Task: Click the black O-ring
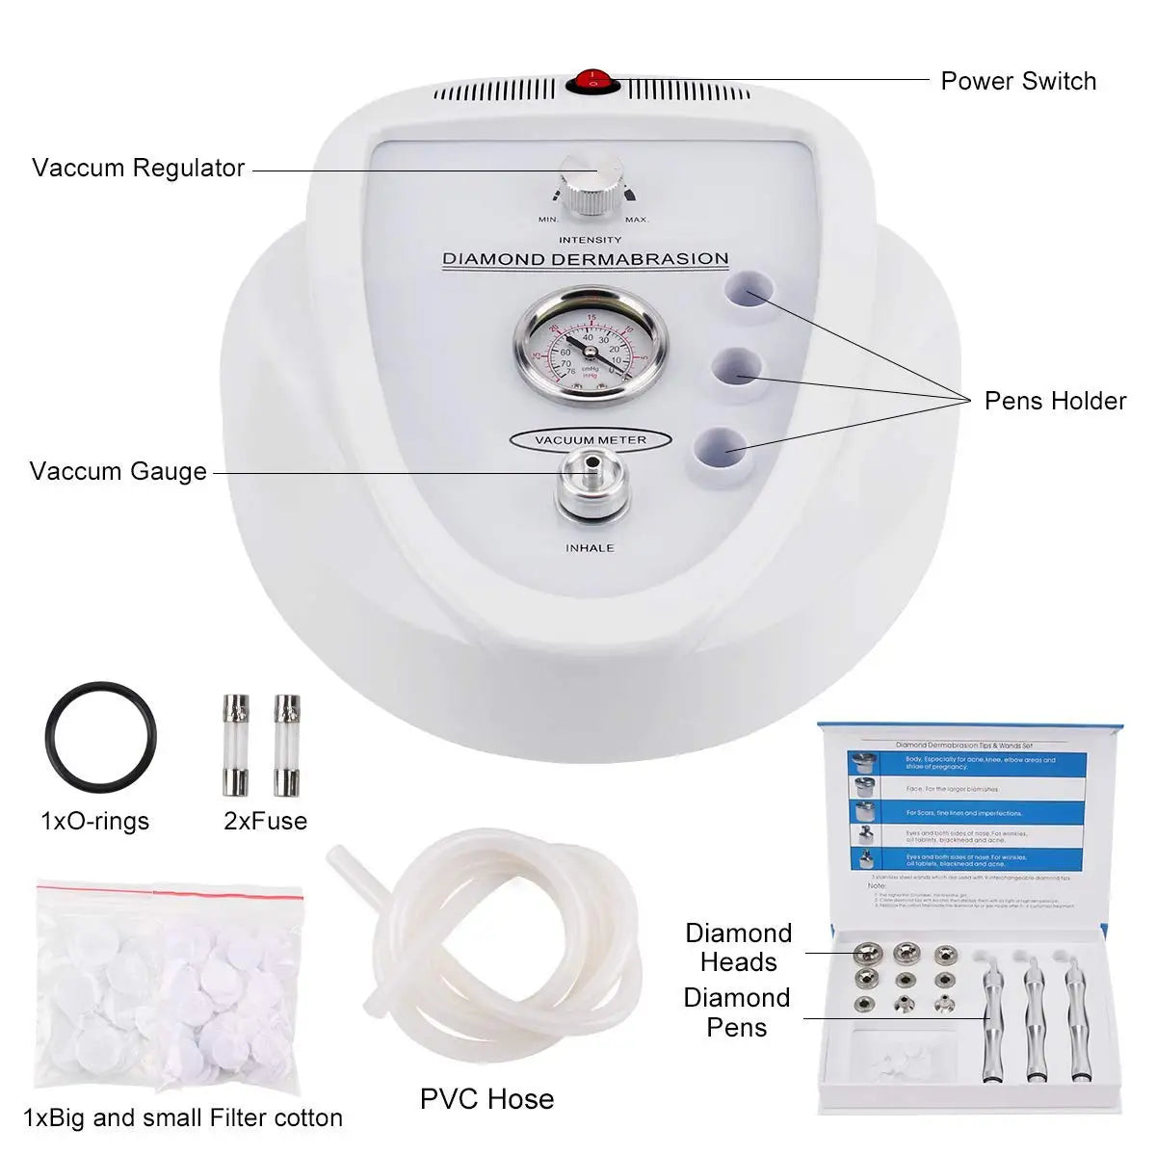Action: tap(99, 737)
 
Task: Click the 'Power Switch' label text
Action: tap(1017, 81)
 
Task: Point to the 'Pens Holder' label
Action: tap(1055, 401)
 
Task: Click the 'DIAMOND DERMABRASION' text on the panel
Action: tap(585, 259)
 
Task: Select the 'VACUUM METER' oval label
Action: tap(590, 440)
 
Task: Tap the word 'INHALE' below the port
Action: tap(590, 548)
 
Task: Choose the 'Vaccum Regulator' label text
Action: tap(138, 168)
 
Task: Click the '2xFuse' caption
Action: tap(265, 821)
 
